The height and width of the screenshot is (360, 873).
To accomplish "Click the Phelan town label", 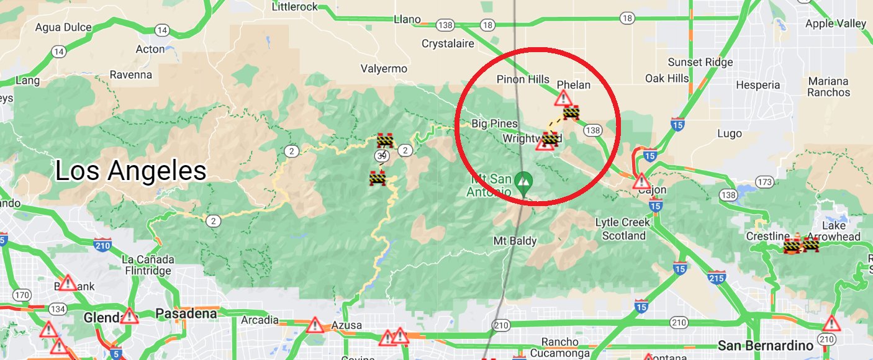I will [x=573, y=85].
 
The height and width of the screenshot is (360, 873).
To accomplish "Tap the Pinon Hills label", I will [x=523, y=79].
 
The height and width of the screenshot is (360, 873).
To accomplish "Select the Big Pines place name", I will [x=494, y=124].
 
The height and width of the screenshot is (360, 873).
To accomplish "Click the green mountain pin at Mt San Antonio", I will [x=524, y=181].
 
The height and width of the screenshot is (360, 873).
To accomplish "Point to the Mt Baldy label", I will [x=515, y=241].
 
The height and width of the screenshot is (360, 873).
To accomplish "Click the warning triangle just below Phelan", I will [x=563, y=98].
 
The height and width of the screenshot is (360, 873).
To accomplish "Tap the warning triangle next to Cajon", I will [x=641, y=182].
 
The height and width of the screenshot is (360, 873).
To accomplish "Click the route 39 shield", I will [x=381, y=156].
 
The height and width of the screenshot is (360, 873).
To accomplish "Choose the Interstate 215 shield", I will [x=716, y=279].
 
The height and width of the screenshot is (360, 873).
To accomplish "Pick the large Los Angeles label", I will [x=131, y=170].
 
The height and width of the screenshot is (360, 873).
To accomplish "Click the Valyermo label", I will [x=384, y=69].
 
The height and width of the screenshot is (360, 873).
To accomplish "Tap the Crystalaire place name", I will [x=448, y=44].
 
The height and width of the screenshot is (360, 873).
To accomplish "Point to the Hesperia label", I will [x=758, y=85].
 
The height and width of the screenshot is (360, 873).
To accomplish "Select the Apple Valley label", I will [x=835, y=24].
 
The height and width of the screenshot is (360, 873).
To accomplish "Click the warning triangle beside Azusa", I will [x=315, y=325].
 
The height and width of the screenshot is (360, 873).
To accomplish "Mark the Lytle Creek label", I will [x=623, y=222].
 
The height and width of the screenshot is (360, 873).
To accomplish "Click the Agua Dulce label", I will [x=63, y=27].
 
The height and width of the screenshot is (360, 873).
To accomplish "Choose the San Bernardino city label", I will [x=765, y=345].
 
